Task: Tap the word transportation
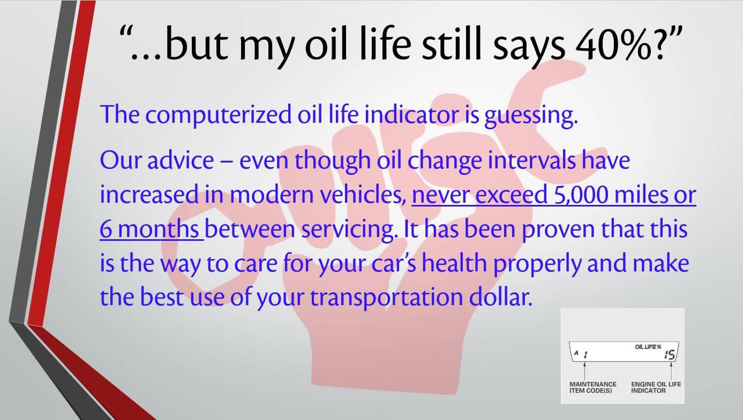point(386,298)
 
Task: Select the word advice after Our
point(181,160)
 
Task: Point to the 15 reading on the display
point(669,355)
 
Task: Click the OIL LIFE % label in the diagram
point(648,347)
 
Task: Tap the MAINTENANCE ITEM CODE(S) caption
point(593,387)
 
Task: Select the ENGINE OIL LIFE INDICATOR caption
point(656,387)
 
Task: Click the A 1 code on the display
point(581,354)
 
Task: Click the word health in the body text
point(454,263)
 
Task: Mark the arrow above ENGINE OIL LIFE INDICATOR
point(671,371)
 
